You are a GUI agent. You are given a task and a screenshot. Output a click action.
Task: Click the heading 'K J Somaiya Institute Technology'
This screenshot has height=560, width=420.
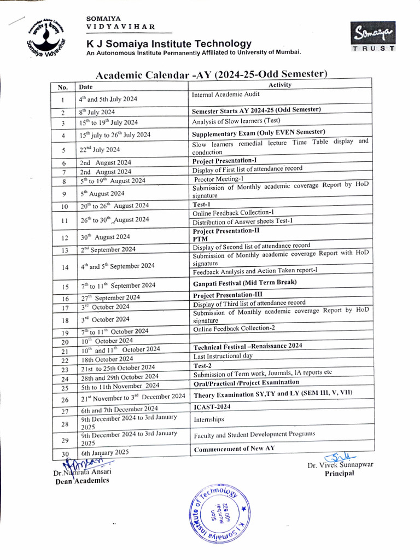click(168, 44)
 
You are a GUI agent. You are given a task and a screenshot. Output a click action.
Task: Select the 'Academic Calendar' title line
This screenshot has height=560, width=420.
click(212, 74)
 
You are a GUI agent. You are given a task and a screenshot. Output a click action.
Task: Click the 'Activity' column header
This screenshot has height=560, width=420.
click(280, 85)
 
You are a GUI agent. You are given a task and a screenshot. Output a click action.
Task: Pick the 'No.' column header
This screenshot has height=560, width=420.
click(63, 87)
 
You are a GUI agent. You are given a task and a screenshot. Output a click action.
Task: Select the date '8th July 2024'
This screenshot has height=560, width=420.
click(97, 112)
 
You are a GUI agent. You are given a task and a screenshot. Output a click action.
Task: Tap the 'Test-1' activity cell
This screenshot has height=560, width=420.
click(202, 204)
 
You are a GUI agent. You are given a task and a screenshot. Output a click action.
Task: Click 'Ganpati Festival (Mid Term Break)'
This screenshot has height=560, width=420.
click(244, 282)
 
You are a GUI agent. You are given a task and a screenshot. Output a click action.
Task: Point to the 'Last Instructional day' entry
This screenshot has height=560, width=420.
click(223, 355)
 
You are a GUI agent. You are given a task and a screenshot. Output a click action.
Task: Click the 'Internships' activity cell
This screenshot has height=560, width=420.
click(209, 420)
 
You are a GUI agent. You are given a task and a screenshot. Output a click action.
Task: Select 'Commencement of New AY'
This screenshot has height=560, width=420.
click(234, 449)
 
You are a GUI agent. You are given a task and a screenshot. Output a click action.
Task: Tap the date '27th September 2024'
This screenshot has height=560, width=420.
click(109, 297)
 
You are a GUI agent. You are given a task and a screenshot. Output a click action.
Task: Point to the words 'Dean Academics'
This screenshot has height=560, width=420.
click(81, 481)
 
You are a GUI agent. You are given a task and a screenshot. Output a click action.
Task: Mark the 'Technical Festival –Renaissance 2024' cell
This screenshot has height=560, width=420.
click(247, 346)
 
